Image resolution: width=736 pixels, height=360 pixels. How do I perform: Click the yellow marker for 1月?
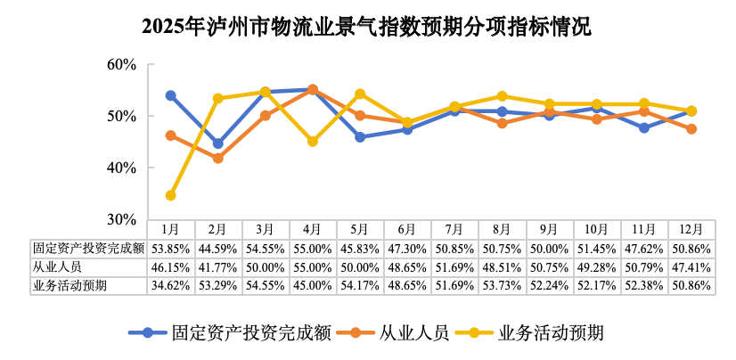(x=170, y=195)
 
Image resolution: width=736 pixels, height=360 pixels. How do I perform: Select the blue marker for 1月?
(x=170, y=95)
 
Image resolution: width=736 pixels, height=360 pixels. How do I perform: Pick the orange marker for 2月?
(x=217, y=158)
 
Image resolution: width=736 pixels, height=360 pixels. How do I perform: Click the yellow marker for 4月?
(x=313, y=142)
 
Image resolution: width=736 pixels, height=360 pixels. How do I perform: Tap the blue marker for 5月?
(x=360, y=137)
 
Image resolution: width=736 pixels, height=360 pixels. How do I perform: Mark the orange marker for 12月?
(x=691, y=129)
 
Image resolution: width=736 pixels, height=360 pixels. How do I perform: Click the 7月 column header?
(x=454, y=230)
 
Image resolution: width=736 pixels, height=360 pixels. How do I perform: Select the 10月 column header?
(x=596, y=230)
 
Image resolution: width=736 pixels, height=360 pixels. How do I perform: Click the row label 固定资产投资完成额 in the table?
(x=88, y=249)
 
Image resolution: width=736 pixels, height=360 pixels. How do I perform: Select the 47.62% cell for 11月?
(x=643, y=249)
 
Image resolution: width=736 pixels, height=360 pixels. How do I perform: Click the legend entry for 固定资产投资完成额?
(x=230, y=333)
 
